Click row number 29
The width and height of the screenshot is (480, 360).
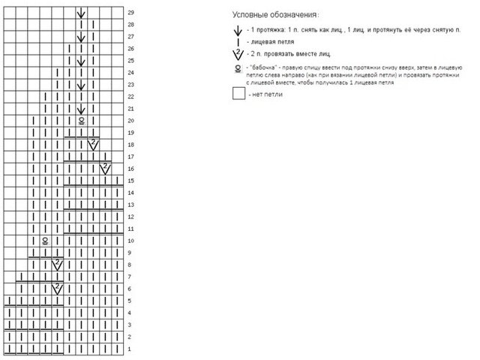tap(131, 13)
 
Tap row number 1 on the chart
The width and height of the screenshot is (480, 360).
tap(130, 349)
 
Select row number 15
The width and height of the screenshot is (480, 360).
tap(131, 181)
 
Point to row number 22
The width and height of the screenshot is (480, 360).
tap(131, 97)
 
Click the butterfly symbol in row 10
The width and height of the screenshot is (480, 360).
tap(45, 241)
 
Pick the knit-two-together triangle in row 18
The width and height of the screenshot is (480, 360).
tap(94, 143)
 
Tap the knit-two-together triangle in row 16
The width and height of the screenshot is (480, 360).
tap(106, 167)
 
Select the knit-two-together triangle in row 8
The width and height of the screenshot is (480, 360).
tap(57, 263)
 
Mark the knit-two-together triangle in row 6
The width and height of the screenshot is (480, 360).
tap(57, 287)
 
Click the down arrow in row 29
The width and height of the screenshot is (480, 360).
tap(81, 13)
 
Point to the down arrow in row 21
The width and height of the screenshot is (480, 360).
tap(81, 109)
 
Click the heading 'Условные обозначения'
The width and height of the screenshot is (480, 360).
tap(274, 15)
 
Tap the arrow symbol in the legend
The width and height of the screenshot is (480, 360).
tap(238, 31)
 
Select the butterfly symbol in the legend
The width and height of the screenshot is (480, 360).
tap(238, 69)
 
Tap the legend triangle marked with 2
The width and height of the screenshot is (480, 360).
tap(238, 54)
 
